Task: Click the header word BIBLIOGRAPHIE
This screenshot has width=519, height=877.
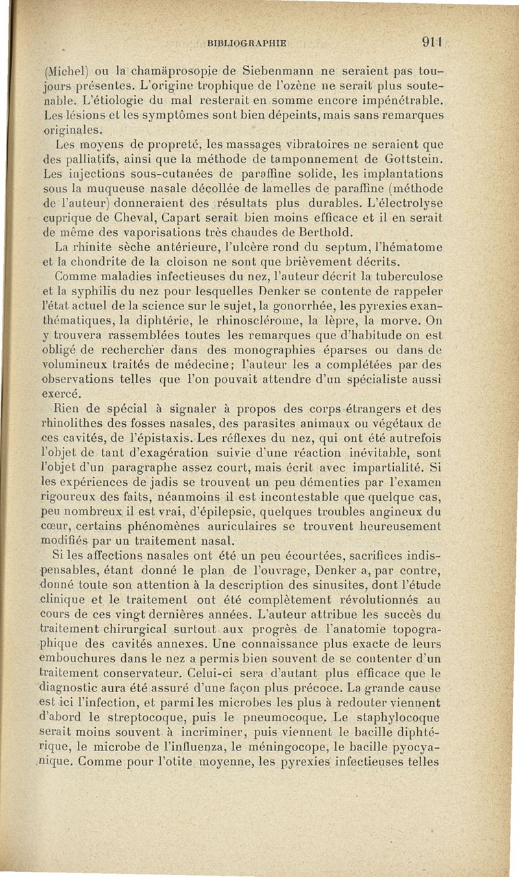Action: (x=246, y=43)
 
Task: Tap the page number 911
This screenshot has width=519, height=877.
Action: (x=430, y=43)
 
